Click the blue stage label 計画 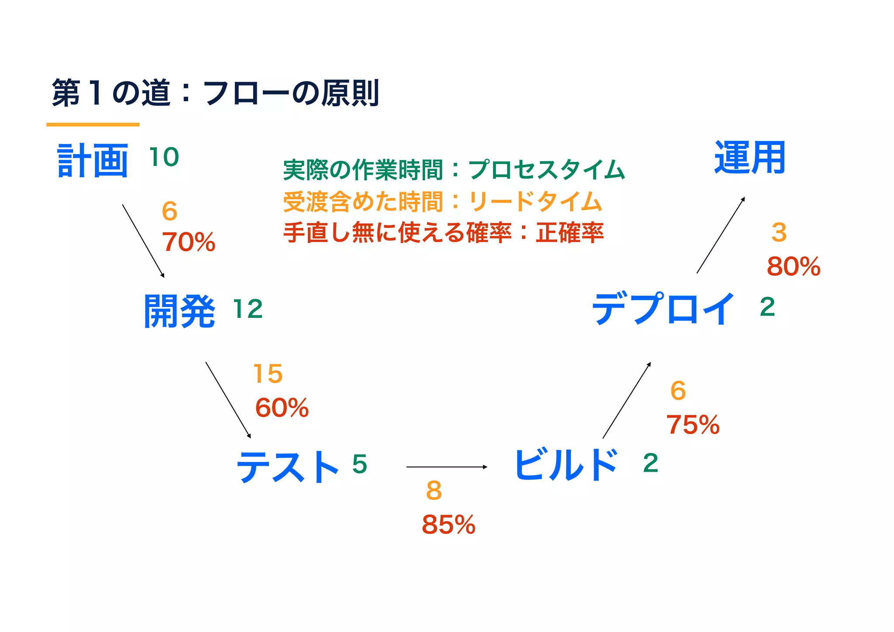(93, 161)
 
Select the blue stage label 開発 (179, 311)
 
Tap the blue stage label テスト (287, 466)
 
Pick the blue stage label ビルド (566, 465)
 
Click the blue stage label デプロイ (663, 309)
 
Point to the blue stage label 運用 (750, 158)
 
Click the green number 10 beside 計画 (164, 157)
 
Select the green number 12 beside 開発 (248, 309)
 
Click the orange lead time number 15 (268, 374)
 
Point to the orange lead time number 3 (779, 232)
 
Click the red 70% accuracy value (189, 242)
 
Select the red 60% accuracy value (282, 408)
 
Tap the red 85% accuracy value (448, 524)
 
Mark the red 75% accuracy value (693, 425)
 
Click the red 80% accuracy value (794, 266)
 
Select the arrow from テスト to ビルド (447, 467)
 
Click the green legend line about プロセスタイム (454, 169)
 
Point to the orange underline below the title (93, 124)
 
